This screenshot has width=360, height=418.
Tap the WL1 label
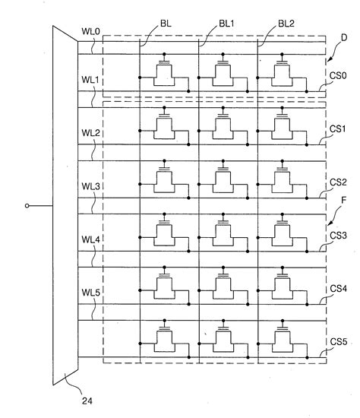(x=90, y=81)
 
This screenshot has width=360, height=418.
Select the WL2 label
(x=90, y=133)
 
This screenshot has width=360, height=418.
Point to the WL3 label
(x=90, y=185)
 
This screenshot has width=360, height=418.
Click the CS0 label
(x=339, y=77)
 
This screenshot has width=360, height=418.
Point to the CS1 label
(x=339, y=129)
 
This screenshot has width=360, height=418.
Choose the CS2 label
(x=339, y=182)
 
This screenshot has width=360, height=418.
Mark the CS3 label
(x=339, y=236)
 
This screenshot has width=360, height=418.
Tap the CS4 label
(x=339, y=289)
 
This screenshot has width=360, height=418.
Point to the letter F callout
(x=344, y=201)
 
